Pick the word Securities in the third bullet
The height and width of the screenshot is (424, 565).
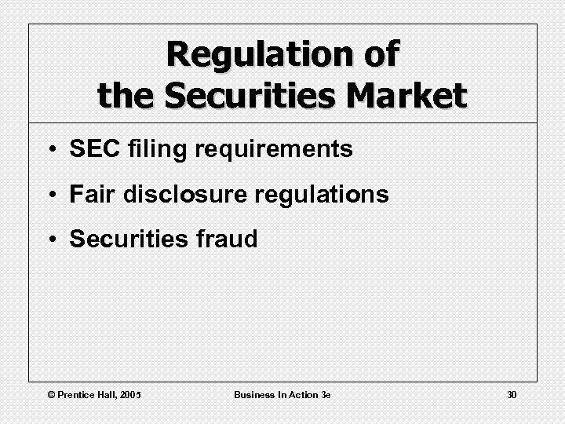tap(126, 239)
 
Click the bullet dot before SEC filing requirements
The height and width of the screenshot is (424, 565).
tap(49, 150)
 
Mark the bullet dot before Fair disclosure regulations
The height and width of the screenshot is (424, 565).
tap(49, 195)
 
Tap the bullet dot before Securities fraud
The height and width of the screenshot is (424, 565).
tap(49, 239)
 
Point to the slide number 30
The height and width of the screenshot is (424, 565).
tap(511, 394)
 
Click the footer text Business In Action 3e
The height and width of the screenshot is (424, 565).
tap(282, 394)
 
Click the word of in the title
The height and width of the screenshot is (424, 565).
tap(379, 55)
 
